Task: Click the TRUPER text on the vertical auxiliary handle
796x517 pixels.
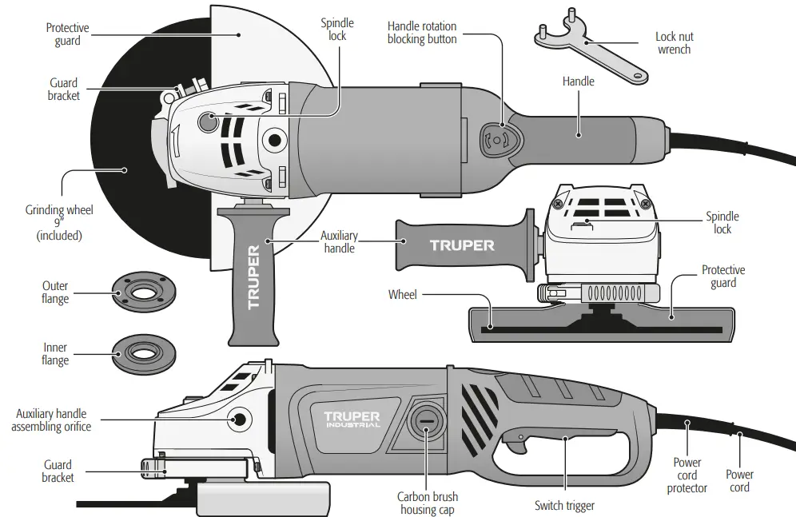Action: [253, 277]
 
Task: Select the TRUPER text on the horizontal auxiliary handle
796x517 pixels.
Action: [461, 245]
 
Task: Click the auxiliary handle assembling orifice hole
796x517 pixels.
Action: [237, 419]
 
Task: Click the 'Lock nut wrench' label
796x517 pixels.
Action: [674, 43]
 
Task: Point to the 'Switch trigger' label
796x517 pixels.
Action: [564, 506]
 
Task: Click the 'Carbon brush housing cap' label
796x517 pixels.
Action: [428, 503]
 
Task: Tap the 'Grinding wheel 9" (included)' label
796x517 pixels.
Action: [59, 223]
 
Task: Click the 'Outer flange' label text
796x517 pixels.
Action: [55, 292]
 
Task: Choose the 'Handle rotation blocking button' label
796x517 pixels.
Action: [422, 32]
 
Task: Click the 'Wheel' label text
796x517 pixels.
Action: [402, 295]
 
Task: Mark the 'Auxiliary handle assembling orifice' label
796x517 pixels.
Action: [51, 420]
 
